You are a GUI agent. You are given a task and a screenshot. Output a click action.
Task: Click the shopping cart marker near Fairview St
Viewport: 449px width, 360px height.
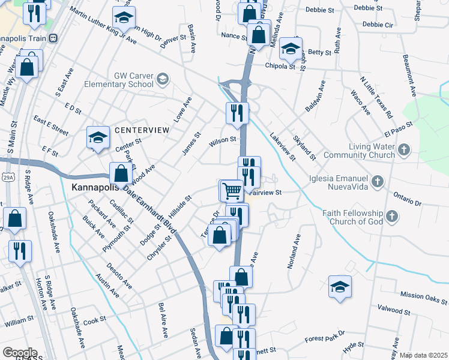click(231, 191)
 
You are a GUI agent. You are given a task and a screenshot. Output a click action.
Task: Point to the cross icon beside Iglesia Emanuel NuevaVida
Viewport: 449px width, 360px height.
click(377, 181)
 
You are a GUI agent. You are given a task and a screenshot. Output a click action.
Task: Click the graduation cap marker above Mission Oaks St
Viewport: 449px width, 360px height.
click(340, 286)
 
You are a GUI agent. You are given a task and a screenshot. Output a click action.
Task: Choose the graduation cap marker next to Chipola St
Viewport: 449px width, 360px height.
click(291, 49)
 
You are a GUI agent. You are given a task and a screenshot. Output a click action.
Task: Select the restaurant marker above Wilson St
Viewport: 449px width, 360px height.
click(237, 112)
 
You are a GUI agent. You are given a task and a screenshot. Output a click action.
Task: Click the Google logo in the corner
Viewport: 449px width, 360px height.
click(19, 353)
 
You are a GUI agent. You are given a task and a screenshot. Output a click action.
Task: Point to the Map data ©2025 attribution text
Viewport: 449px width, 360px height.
click(423, 355)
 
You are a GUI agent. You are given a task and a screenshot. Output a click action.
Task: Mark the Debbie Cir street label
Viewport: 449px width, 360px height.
click(378, 25)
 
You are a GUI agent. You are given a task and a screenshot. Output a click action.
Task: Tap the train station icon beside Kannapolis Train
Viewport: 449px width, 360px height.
click(53, 37)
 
